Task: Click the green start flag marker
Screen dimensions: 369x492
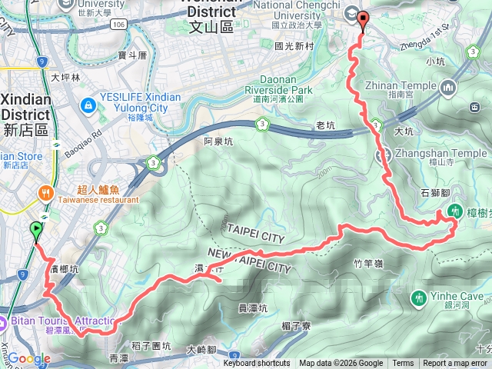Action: click(x=35, y=229)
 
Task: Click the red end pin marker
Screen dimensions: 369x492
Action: click(x=363, y=22)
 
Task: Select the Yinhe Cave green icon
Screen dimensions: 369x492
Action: click(x=419, y=297)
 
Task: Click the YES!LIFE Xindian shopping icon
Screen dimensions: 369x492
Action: click(x=90, y=103)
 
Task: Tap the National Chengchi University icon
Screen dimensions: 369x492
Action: click(x=352, y=13)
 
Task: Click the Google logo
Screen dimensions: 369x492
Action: click(x=28, y=359)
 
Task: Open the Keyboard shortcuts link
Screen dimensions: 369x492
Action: click(x=257, y=364)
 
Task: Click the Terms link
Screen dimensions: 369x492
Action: click(x=403, y=364)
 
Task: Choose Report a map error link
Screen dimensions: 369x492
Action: click(x=456, y=364)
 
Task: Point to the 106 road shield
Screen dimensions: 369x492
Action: click(x=118, y=25)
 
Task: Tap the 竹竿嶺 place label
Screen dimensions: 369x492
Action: click(x=369, y=264)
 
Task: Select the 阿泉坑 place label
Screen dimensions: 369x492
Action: click(x=218, y=141)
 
